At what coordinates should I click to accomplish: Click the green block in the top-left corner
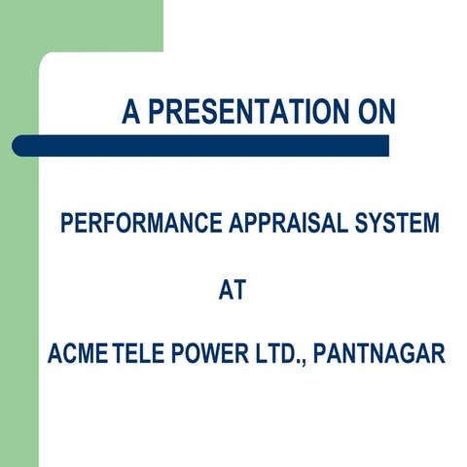[78, 24]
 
